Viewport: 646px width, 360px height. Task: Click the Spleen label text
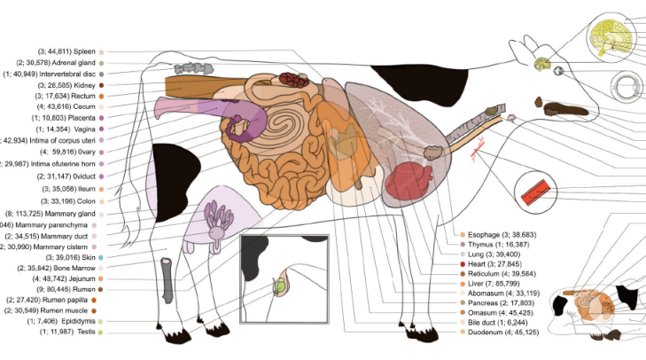tap(67, 52)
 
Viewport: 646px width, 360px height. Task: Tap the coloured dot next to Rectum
tap(102, 97)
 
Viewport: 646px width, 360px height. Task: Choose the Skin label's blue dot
tap(102, 256)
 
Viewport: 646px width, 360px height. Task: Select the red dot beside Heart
tap(463, 264)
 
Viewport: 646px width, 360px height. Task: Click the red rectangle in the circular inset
tap(540, 192)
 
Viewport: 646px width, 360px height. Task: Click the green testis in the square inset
tap(281, 286)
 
